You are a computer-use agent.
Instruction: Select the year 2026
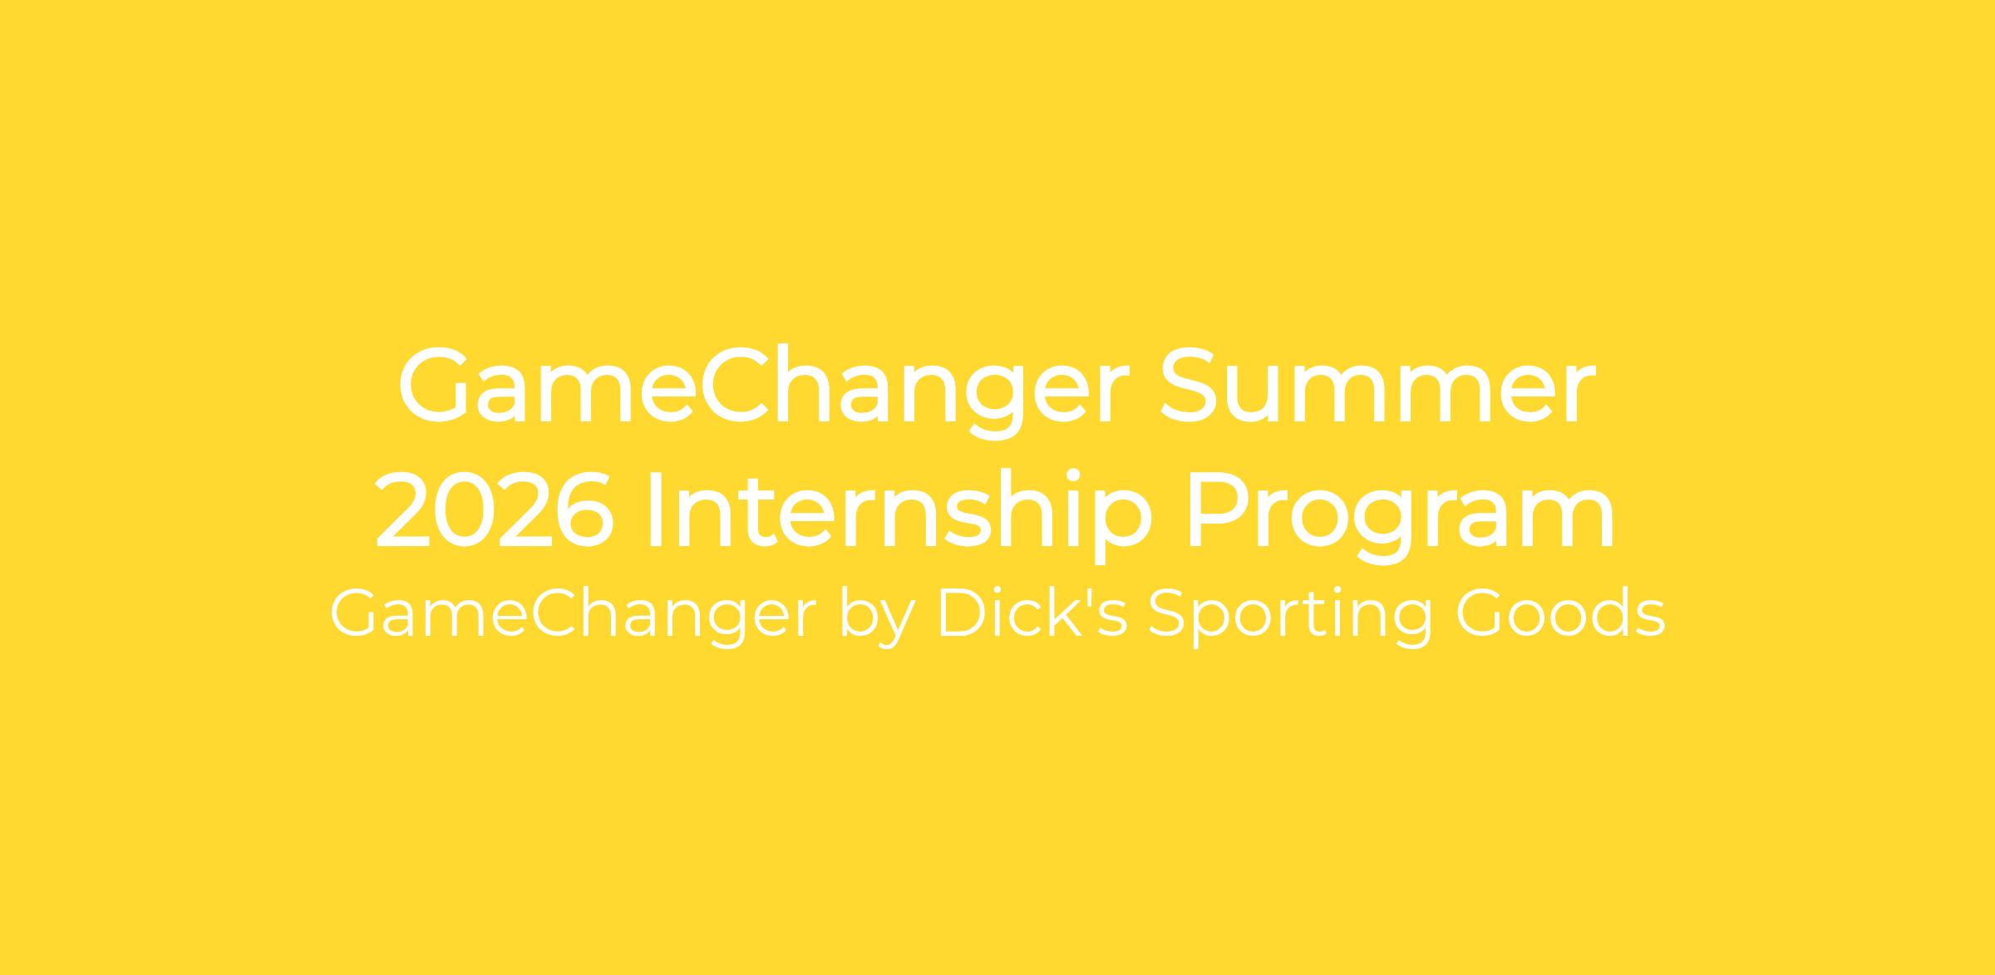click(x=495, y=509)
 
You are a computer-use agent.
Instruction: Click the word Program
click(x=1401, y=516)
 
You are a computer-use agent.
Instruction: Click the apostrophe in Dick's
click(x=1087, y=597)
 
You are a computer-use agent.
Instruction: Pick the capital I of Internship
click(x=655, y=509)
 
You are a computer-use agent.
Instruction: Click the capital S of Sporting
click(x=1169, y=613)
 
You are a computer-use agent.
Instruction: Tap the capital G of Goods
click(x=1481, y=613)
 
